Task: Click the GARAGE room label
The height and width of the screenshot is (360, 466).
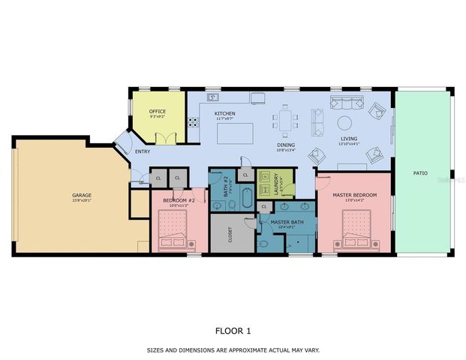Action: pos(81,195)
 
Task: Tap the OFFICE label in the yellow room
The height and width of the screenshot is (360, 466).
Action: pos(158,112)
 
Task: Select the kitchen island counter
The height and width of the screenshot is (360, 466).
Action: pos(232,133)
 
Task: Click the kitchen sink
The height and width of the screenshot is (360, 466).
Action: pos(213,97)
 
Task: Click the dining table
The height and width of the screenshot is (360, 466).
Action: pos(284,120)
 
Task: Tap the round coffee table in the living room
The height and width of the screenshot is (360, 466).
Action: pos(344,123)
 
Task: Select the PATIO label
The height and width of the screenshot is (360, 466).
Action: pos(420,173)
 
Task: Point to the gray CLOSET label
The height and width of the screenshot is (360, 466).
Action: pos(231,234)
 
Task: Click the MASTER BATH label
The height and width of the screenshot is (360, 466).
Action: pos(287,222)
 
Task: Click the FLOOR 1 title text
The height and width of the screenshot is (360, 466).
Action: pos(233,330)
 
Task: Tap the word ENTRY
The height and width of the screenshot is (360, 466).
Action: pos(143,152)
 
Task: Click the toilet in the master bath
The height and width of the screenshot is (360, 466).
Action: pos(263,243)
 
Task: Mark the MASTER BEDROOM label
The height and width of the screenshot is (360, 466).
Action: pos(354,195)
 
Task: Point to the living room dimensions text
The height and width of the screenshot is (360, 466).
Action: pos(349,144)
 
